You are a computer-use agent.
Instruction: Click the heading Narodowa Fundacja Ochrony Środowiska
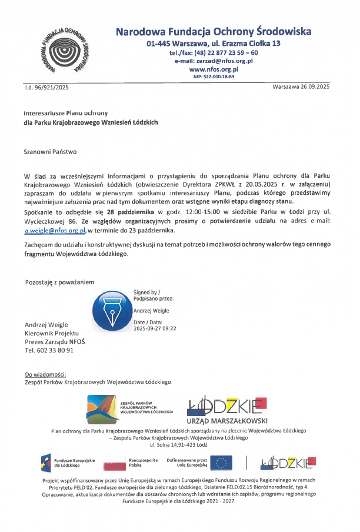pyautogui.click(x=214, y=32)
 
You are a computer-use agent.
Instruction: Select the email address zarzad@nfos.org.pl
pyautogui.click(x=214, y=61)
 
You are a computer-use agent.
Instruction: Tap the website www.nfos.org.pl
pyautogui.click(x=214, y=69)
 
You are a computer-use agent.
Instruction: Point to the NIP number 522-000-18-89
pyautogui.click(x=214, y=77)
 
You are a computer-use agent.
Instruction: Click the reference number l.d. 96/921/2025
pyautogui.click(x=47, y=88)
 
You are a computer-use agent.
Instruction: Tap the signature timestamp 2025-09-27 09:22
pyautogui.click(x=155, y=329)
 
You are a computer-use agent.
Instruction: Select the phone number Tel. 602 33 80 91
pyautogui.click(x=49, y=350)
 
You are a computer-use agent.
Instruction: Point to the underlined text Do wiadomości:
pyautogui.click(x=45, y=374)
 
